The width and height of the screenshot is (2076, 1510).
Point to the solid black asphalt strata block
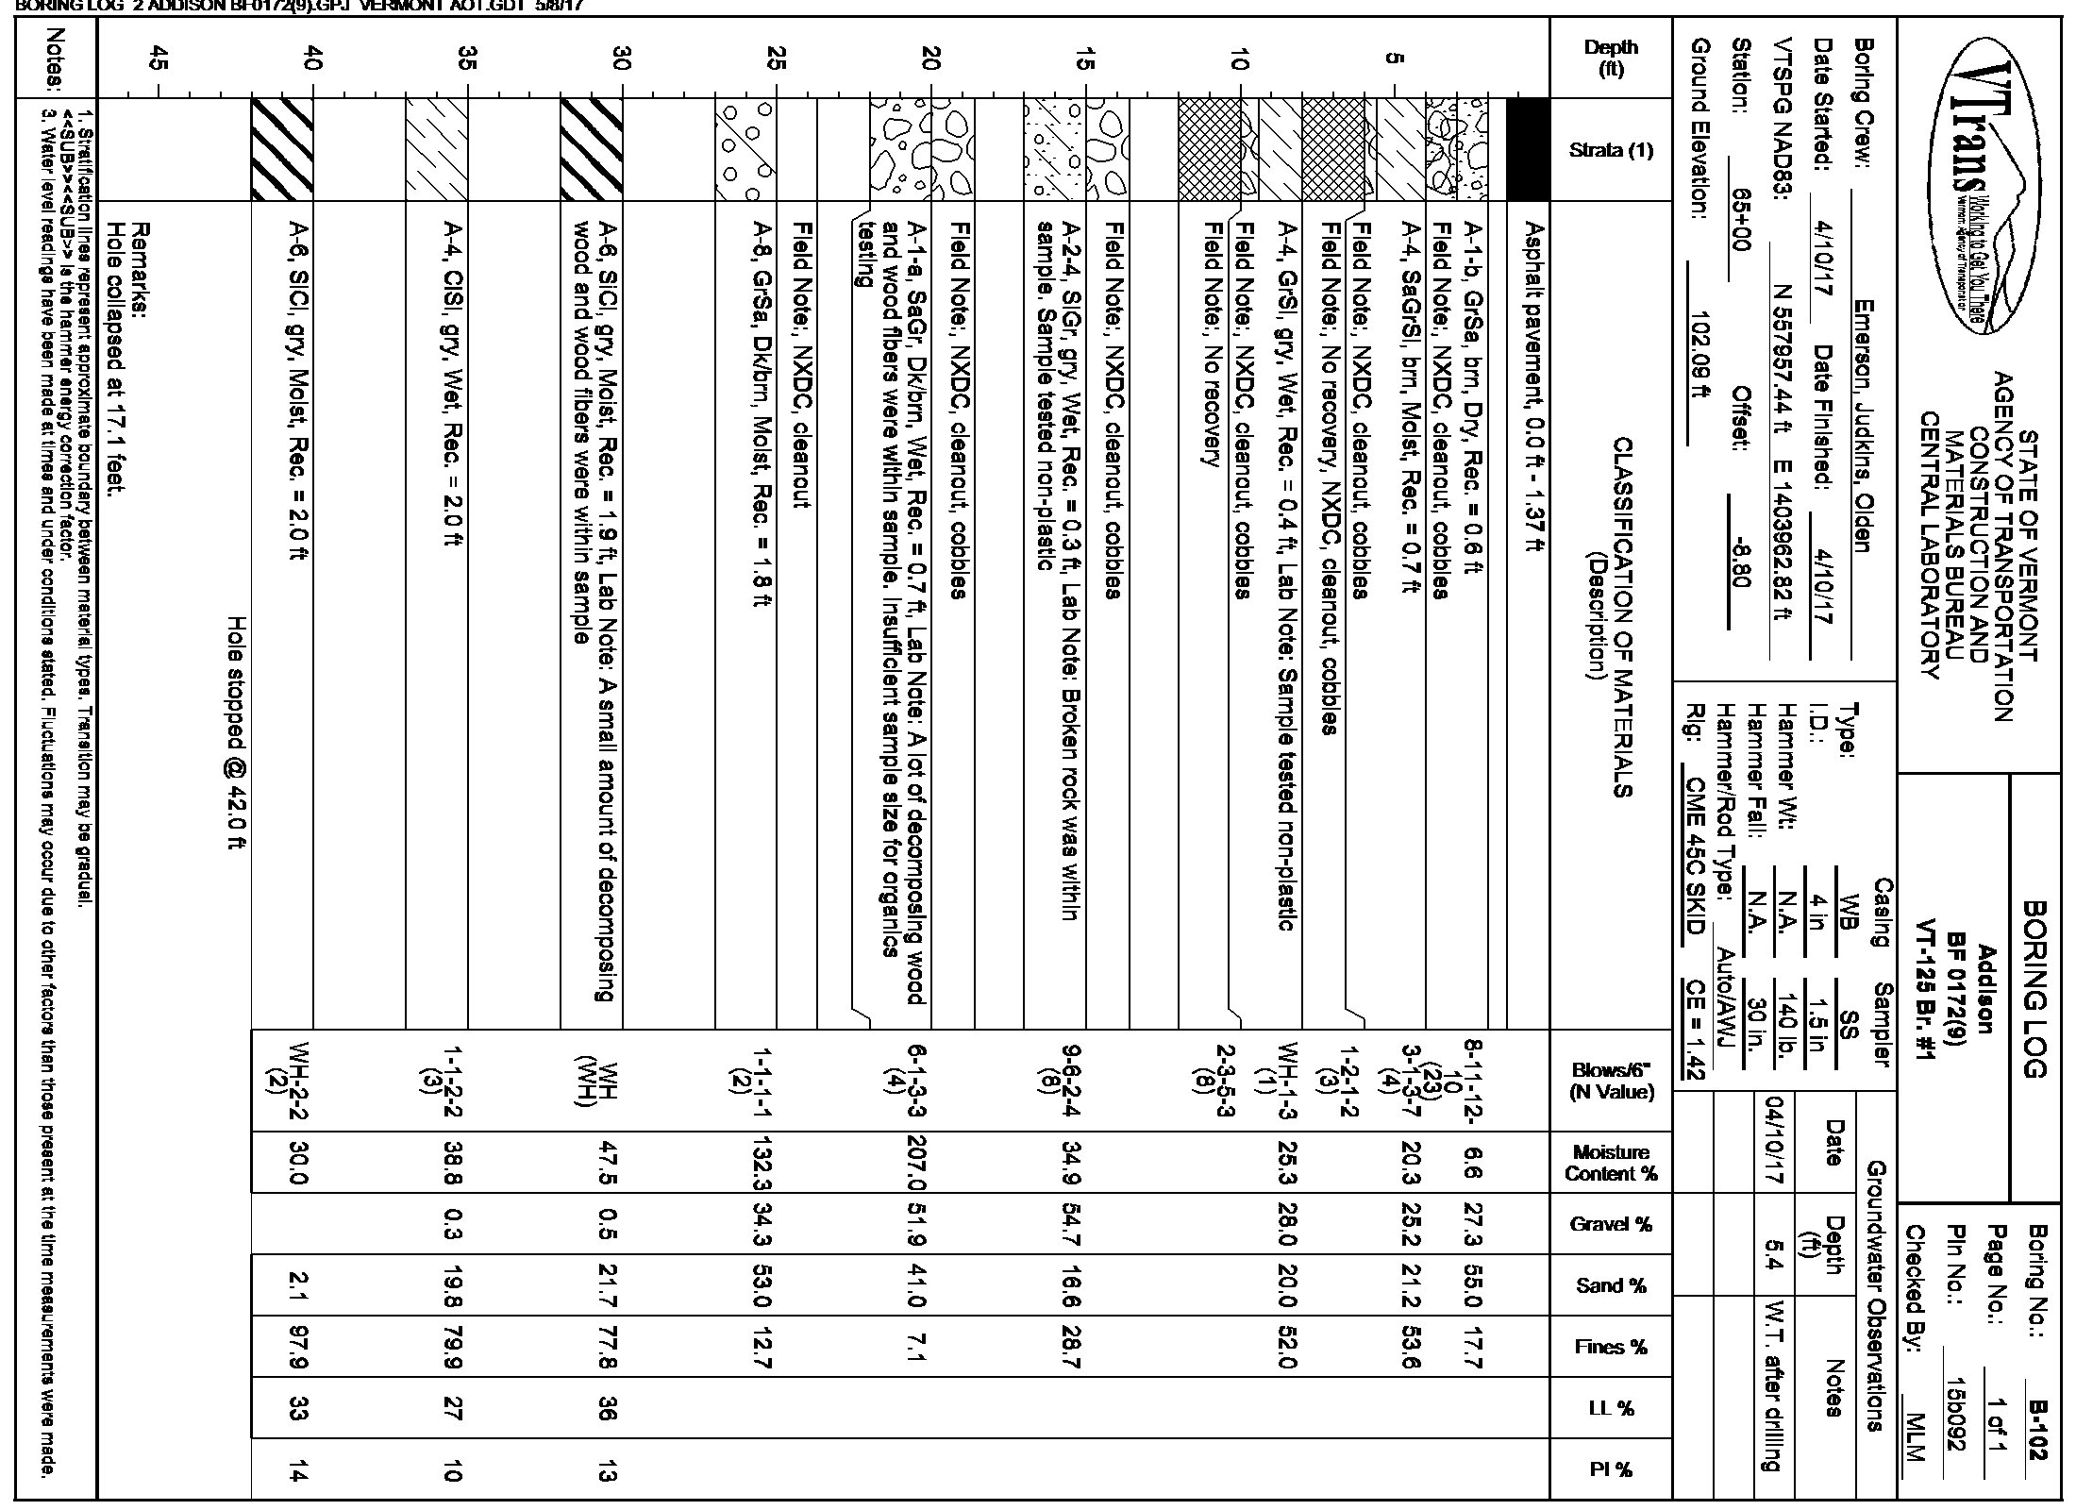click(1529, 149)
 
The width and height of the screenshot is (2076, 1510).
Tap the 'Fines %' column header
click(1611, 1347)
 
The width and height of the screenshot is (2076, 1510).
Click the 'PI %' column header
click(1611, 1468)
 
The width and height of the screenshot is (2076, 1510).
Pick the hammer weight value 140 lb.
click(1783, 1035)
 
